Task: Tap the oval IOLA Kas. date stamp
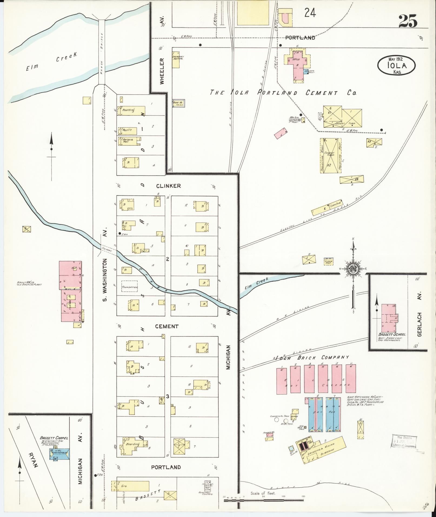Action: (x=397, y=65)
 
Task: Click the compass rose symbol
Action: (x=353, y=269)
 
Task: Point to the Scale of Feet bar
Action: (x=264, y=500)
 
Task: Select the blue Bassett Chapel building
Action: (x=59, y=454)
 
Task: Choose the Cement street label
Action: (x=167, y=326)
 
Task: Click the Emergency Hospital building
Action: (x=176, y=58)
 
